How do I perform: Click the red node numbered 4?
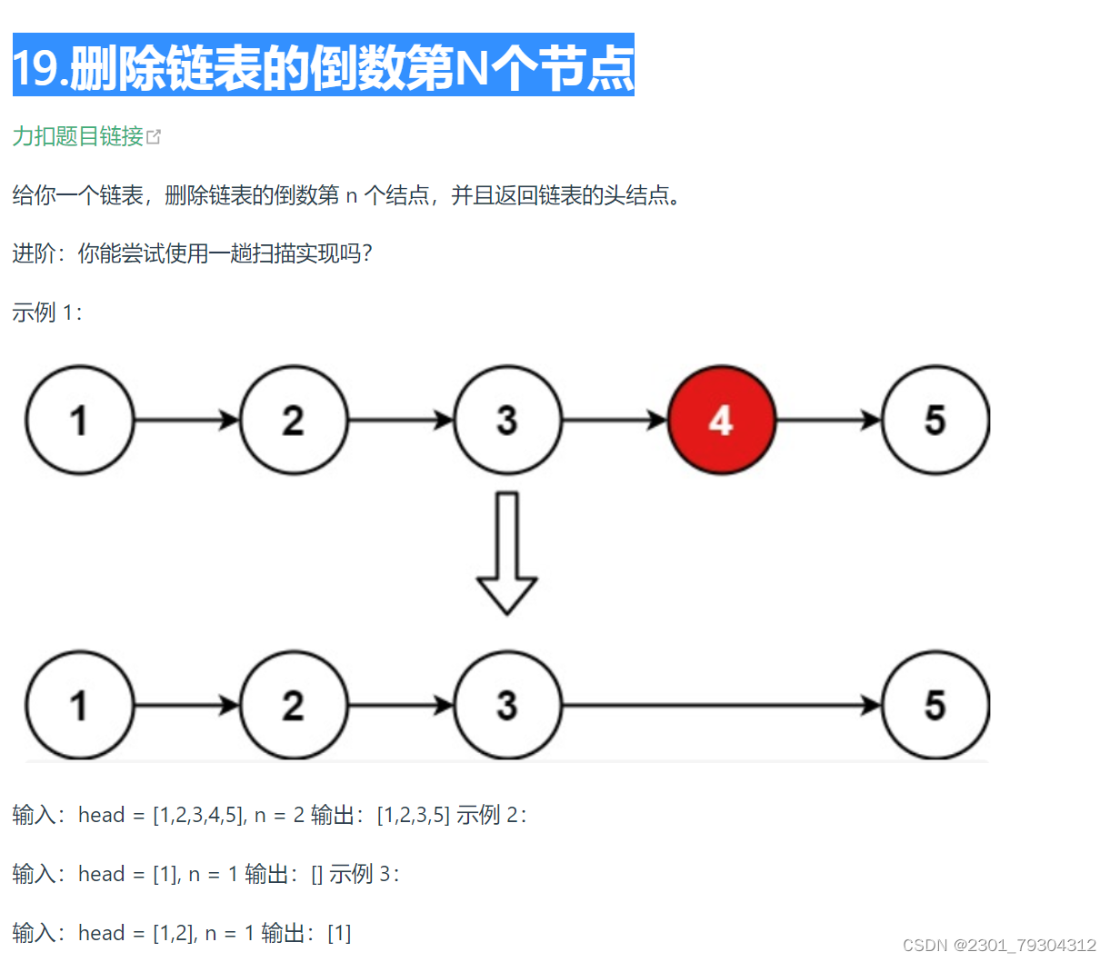[721, 420]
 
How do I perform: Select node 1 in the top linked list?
[79, 420]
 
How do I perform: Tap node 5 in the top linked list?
[935, 420]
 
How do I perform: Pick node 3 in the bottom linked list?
[507, 705]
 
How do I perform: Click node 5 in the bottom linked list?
[935, 705]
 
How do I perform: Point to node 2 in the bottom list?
[293, 705]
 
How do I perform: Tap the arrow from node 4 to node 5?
[828, 420]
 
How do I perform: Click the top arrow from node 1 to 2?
[186, 420]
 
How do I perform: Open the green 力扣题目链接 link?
[78, 136]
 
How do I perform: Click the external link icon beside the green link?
[154, 137]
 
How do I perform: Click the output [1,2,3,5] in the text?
[414, 815]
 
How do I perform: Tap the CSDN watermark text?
[999, 945]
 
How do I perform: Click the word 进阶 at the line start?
[34, 253]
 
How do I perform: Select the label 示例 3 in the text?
[364, 874]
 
